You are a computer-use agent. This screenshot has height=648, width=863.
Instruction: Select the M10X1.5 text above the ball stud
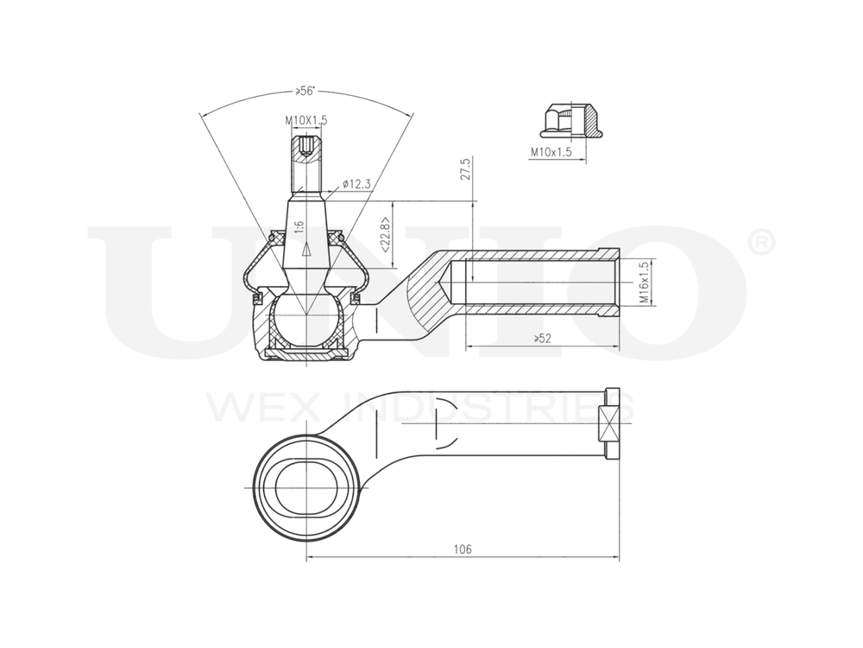pyautogui.click(x=306, y=122)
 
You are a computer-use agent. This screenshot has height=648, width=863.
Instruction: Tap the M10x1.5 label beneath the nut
pyautogui.click(x=551, y=152)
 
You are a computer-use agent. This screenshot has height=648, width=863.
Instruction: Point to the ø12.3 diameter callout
pyautogui.click(x=356, y=183)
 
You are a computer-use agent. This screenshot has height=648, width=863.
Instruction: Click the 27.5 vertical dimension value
pyautogui.click(x=466, y=168)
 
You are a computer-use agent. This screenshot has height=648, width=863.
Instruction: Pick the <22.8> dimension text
pyautogui.click(x=384, y=233)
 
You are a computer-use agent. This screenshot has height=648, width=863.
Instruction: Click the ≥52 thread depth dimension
pyautogui.click(x=542, y=339)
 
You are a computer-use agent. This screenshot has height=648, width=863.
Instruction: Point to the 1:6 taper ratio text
pyautogui.click(x=299, y=226)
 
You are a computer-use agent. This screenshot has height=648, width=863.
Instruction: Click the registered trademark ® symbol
pyautogui.click(x=759, y=243)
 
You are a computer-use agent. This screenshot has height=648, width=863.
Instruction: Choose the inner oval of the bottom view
pyautogui.click(x=305, y=489)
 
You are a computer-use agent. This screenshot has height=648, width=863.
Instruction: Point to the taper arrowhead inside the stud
pyautogui.click(x=306, y=250)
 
